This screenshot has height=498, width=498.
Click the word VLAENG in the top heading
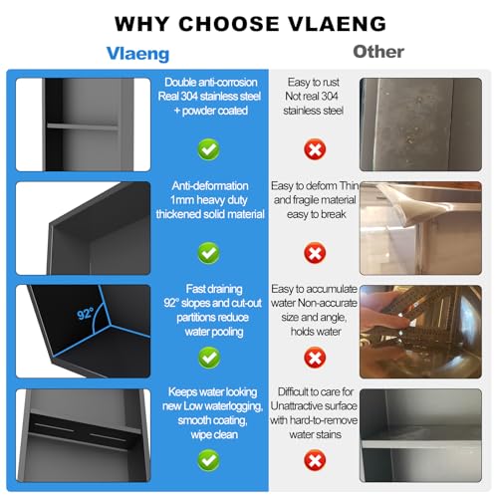(x=337, y=24)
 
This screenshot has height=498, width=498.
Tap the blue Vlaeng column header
(x=137, y=54)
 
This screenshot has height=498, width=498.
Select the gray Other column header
(x=378, y=52)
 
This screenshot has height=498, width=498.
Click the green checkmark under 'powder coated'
(x=208, y=149)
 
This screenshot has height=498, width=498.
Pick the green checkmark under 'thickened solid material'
(x=208, y=253)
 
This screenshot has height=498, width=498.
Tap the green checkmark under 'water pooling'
(x=209, y=358)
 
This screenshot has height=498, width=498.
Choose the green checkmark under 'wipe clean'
(x=208, y=460)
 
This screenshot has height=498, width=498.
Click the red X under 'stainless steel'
(x=315, y=149)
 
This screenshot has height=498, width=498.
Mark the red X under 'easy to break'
(x=315, y=253)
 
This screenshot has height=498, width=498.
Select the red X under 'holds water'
(x=315, y=358)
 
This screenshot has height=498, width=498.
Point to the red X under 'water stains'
(x=315, y=460)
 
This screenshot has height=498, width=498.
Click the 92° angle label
(x=85, y=313)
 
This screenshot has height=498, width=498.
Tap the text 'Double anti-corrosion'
(x=211, y=83)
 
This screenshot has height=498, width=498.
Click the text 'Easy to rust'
(x=314, y=83)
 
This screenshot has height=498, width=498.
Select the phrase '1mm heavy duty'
(x=209, y=200)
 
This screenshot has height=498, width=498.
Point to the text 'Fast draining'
(x=214, y=289)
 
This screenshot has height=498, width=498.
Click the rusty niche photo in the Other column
(x=420, y=124)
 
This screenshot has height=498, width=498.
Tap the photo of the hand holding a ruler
(x=420, y=332)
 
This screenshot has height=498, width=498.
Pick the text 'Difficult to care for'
(x=316, y=392)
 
